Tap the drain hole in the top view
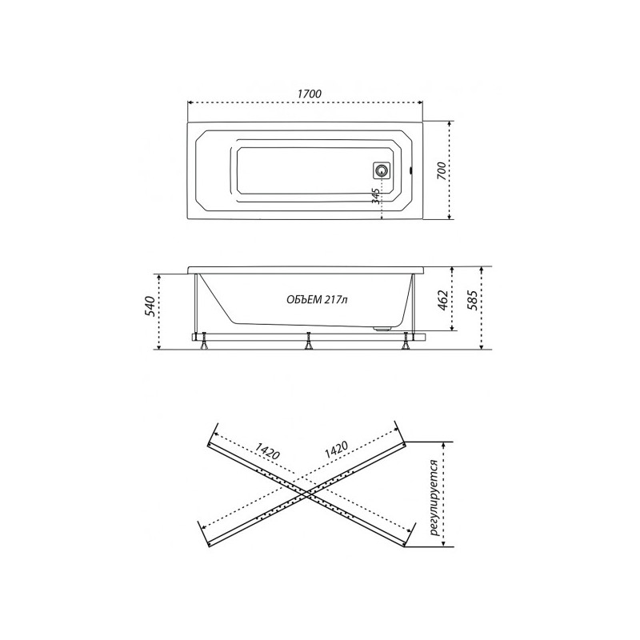(382, 170)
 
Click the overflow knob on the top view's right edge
(413, 170)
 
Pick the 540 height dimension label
(147, 309)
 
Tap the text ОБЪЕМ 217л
(316, 300)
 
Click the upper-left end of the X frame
(211, 437)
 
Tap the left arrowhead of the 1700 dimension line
(190, 102)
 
